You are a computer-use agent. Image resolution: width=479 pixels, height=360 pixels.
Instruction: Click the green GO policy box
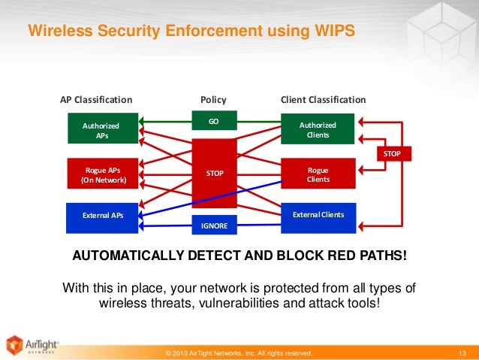click(214, 120)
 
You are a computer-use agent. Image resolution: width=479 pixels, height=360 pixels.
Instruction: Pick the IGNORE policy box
click(214, 225)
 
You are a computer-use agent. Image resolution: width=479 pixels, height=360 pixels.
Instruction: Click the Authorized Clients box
click(318, 129)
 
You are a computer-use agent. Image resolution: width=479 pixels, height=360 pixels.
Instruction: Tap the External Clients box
click(318, 216)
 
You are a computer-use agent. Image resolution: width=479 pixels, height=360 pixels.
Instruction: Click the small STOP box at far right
click(392, 153)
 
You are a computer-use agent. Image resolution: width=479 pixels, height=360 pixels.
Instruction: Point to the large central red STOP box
click(215, 174)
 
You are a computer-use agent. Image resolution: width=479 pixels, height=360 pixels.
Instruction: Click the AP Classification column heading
click(96, 99)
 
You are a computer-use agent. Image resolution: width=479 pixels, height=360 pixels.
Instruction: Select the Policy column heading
click(213, 99)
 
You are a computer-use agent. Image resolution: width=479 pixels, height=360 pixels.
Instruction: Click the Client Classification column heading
click(323, 99)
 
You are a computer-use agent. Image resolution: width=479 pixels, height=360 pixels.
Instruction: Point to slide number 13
click(462, 352)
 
